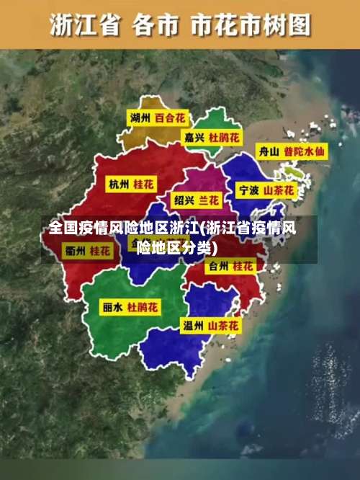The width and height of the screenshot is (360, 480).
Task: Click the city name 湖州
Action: click(140, 117)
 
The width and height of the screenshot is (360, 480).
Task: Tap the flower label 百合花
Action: click(171, 117)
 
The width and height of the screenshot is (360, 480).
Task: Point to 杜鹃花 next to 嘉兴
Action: click(225, 136)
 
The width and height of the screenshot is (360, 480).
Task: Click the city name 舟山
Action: click(269, 152)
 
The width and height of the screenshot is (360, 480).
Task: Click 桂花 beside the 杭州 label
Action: click(143, 185)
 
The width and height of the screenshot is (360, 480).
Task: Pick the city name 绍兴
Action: click(184, 199)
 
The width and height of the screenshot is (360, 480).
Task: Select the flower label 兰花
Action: click(210, 199)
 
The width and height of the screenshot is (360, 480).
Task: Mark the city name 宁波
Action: click(248, 191)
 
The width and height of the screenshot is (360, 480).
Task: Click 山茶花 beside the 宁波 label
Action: click(279, 191)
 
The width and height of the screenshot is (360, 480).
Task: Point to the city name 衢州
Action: click(75, 251)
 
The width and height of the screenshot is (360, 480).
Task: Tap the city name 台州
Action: click(217, 266)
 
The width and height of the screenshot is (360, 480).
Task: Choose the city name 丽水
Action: click(112, 307)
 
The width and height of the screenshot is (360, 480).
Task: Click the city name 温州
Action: click(193, 326)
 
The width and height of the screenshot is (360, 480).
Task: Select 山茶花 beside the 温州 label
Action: click(223, 326)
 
